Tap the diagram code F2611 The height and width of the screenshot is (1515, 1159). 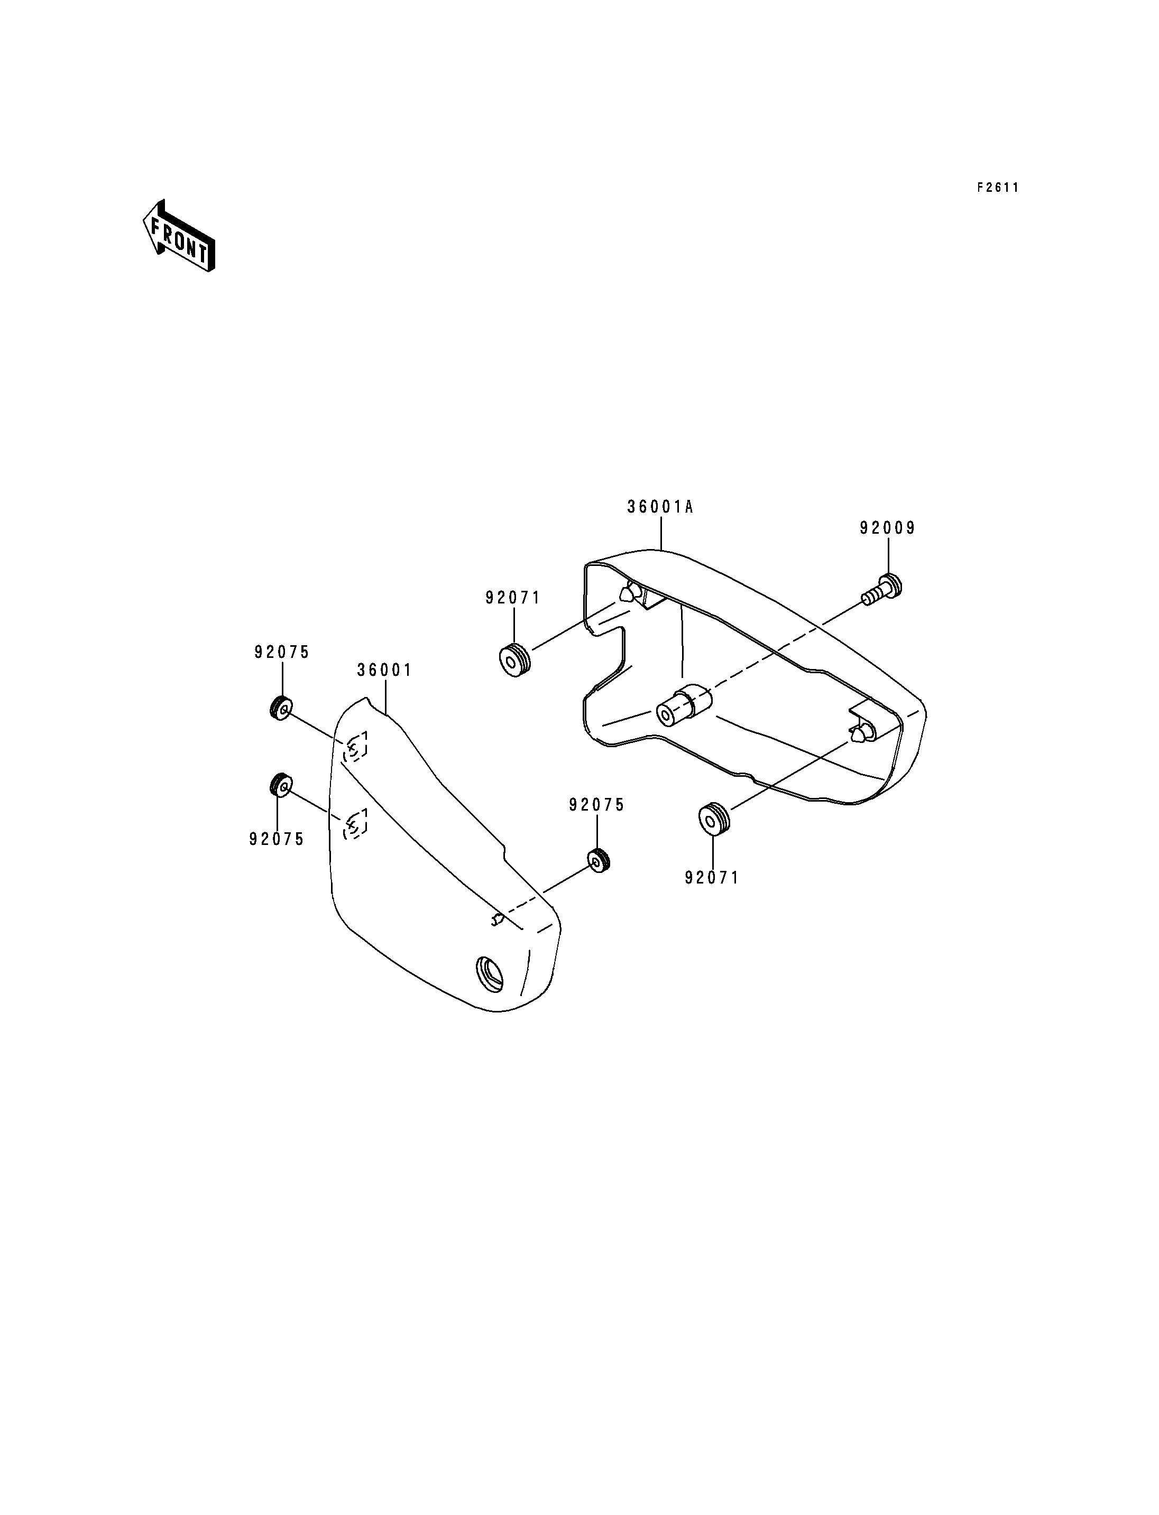[998, 188]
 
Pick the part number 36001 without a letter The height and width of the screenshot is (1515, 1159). [384, 670]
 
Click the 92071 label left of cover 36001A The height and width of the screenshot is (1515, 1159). [512, 598]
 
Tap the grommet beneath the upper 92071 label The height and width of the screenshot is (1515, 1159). [514, 659]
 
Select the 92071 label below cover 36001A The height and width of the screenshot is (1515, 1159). [712, 878]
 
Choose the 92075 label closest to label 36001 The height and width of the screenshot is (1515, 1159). [281, 652]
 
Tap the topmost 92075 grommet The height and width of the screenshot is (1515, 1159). [281, 708]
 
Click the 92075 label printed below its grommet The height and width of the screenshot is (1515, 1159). [277, 839]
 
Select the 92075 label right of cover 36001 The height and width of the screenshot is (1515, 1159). [597, 805]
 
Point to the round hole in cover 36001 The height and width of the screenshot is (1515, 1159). [489, 974]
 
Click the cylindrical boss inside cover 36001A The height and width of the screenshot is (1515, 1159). [682, 705]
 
